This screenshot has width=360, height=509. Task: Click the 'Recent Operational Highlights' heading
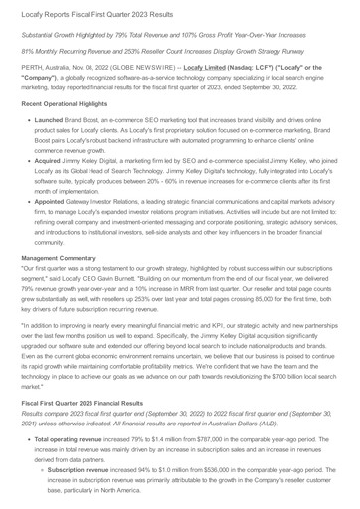point(74,131)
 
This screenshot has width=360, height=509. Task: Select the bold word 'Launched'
point(54,148)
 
